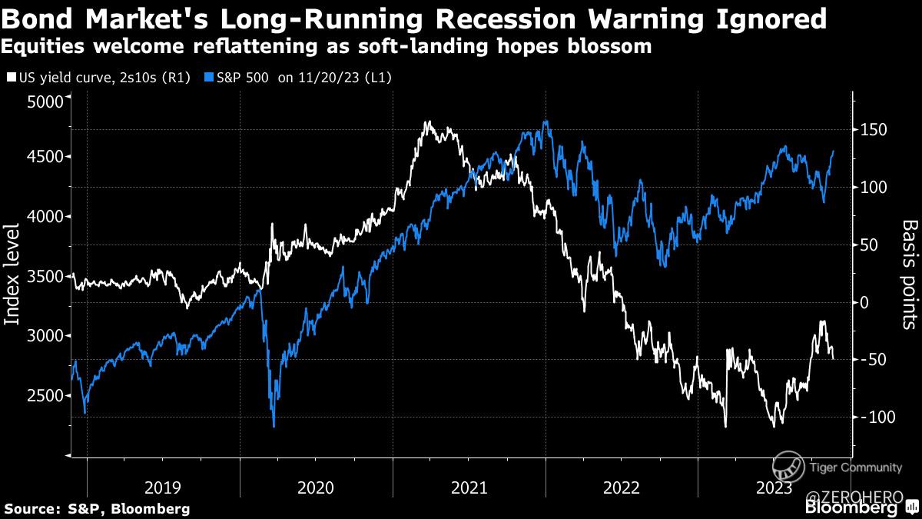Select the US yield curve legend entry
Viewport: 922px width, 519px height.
click(x=99, y=78)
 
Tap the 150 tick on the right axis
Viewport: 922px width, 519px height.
click(x=874, y=129)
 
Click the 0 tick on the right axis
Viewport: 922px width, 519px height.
click(x=865, y=302)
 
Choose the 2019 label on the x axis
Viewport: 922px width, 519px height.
click(x=163, y=487)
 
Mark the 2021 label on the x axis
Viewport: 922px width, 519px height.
click(x=469, y=487)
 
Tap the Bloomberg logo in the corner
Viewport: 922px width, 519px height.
click(x=851, y=508)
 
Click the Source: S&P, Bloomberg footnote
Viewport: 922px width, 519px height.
click(x=97, y=508)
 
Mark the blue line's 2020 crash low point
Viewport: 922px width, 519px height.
click(x=274, y=425)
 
